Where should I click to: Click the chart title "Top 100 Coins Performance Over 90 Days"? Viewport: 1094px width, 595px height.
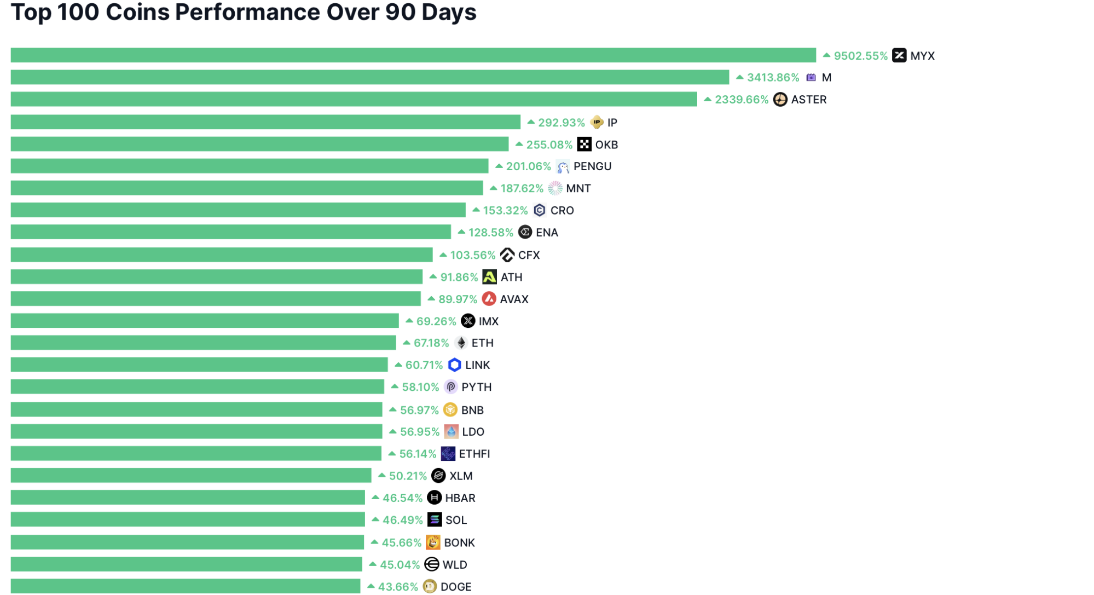pyautogui.click(x=244, y=12)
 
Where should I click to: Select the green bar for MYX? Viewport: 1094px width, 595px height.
pyautogui.click(x=413, y=55)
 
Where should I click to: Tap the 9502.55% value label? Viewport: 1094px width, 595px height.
pyautogui.click(x=860, y=56)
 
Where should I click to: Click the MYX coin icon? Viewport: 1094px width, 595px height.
pyautogui.click(x=899, y=55)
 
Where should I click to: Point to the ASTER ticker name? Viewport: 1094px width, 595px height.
pyautogui.click(x=809, y=100)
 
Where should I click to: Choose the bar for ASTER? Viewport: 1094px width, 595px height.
pyautogui.click(x=354, y=99)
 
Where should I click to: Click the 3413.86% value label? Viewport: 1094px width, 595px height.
pyautogui.click(x=773, y=78)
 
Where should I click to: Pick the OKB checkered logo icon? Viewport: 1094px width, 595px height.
pyautogui.click(x=584, y=144)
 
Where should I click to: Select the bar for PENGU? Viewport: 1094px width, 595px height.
pyautogui.click(x=249, y=166)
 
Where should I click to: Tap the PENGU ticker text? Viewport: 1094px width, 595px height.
pyautogui.click(x=593, y=166)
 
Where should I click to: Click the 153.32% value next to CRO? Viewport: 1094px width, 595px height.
pyautogui.click(x=505, y=211)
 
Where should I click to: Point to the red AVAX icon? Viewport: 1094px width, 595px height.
pyautogui.click(x=489, y=299)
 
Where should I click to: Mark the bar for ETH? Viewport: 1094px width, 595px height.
pyautogui.click(x=203, y=343)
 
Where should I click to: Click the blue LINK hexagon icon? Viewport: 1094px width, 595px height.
pyautogui.click(x=454, y=365)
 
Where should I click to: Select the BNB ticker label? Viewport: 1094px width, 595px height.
pyautogui.click(x=472, y=410)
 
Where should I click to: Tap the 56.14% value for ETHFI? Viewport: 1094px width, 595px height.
pyautogui.click(x=418, y=454)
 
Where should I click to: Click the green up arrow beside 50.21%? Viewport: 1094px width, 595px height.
pyautogui.click(x=382, y=475)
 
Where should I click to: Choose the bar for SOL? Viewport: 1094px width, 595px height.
pyautogui.click(x=188, y=519)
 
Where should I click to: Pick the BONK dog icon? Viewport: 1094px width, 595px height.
pyautogui.click(x=433, y=542)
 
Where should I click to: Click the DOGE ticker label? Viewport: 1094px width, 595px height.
pyautogui.click(x=456, y=587)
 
